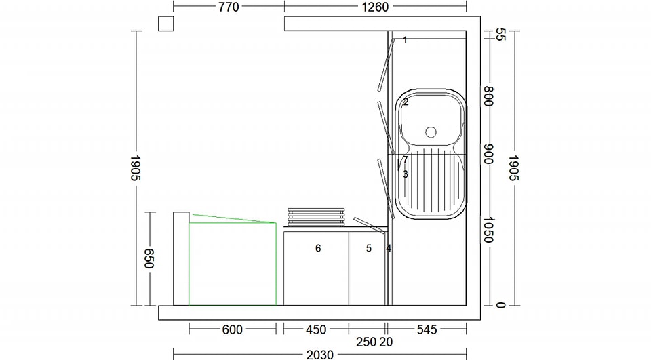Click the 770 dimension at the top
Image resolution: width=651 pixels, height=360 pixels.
point(229,7)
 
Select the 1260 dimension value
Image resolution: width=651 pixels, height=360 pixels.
point(375,7)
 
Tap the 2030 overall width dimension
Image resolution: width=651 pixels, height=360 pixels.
point(319,354)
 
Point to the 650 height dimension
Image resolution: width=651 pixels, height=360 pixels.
point(149,258)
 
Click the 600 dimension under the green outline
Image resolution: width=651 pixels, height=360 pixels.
point(232,329)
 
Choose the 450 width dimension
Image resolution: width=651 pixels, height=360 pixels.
point(316,329)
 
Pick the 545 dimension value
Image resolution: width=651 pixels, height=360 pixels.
point(427,329)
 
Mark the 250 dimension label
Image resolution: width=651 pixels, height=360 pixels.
point(366,342)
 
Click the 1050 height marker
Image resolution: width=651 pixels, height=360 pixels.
point(488,230)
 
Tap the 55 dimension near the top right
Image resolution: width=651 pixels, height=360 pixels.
point(500,35)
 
